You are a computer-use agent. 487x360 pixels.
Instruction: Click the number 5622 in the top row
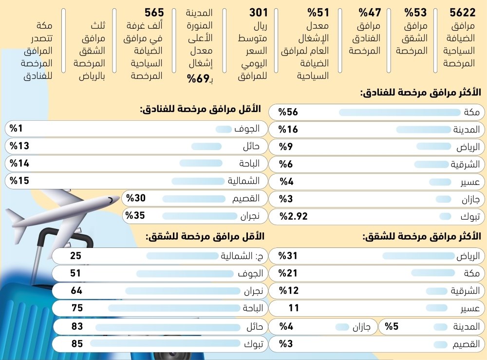coord(462,13)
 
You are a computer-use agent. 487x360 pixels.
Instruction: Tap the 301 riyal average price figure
coord(259,13)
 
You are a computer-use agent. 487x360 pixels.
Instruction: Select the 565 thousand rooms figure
coord(154,13)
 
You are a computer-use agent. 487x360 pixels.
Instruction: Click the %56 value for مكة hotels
coord(288,113)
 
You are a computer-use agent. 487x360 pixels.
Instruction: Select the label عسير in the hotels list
coord(470,182)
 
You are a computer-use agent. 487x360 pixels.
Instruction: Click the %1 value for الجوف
coord(18,129)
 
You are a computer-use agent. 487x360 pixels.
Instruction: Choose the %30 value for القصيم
coord(136,198)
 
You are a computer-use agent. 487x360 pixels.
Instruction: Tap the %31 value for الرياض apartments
coord(288,256)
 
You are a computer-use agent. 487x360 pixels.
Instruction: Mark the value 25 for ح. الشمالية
coord(75,256)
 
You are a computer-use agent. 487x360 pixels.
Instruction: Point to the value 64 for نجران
coord(76,291)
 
